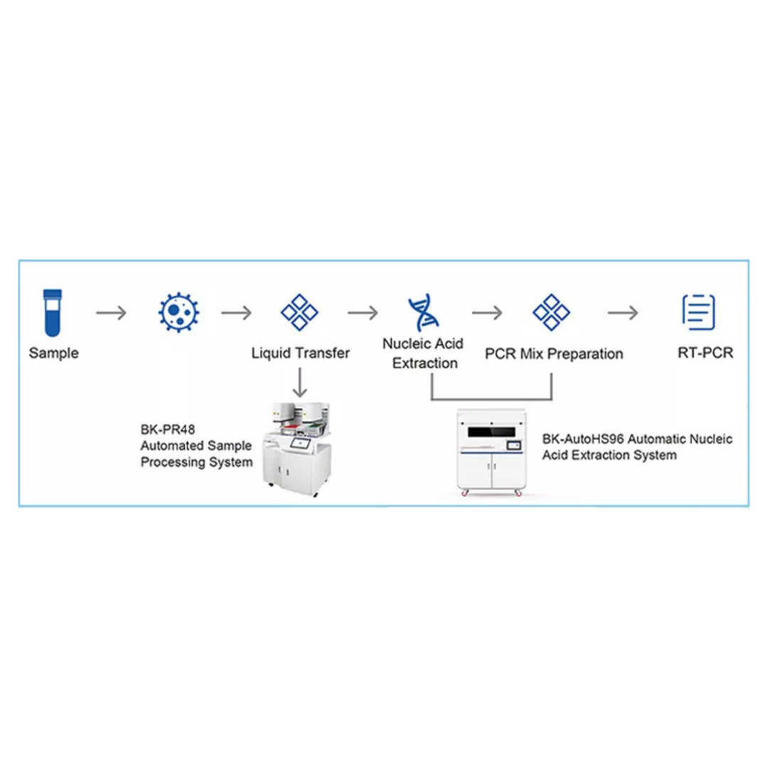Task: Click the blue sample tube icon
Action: point(53,312)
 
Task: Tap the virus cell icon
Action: point(178,312)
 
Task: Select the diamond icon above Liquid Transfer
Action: point(299,312)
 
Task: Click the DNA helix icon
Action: point(424,312)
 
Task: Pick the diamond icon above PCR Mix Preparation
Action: point(551,312)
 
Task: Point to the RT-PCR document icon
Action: point(698,312)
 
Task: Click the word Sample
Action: point(54,353)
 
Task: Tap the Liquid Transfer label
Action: point(300,353)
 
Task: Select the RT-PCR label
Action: point(705,353)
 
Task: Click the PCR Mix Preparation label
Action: point(554,353)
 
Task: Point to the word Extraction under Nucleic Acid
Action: point(425,363)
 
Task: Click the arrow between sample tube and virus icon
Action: point(111,312)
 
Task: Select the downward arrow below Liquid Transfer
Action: point(300,382)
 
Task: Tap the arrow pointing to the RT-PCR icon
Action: point(623,312)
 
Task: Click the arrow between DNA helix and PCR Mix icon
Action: point(487,312)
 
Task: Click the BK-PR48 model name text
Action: point(168,430)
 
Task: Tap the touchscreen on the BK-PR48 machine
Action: point(300,443)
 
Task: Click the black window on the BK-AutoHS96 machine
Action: point(491,432)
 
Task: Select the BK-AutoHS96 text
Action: point(582,439)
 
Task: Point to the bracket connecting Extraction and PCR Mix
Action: point(492,399)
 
